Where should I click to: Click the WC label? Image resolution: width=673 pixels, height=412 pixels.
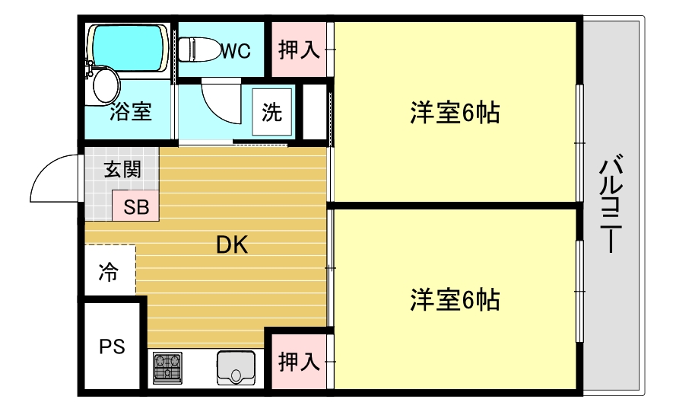pyautogui.click(x=237, y=51)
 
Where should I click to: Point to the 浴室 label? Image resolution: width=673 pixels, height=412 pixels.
pyautogui.click(x=130, y=113)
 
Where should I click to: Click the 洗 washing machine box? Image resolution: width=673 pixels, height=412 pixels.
pyautogui.click(x=271, y=112)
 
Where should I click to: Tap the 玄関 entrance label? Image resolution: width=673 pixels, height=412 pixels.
pyautogui.click(x=122, y=169)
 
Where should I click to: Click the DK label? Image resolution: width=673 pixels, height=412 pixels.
pyautogui.click(x=233, y=245)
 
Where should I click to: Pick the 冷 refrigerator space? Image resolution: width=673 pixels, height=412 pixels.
pyautogui.click(x=110, y=272)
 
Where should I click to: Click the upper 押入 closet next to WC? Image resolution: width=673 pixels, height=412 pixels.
pyautogui.click(x=299, y=50)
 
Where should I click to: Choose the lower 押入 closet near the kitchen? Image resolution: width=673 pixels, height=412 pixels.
pyautogui.click(x=298, y=361)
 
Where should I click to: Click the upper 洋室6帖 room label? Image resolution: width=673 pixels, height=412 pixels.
pyautogui.click(x=455, y=113)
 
